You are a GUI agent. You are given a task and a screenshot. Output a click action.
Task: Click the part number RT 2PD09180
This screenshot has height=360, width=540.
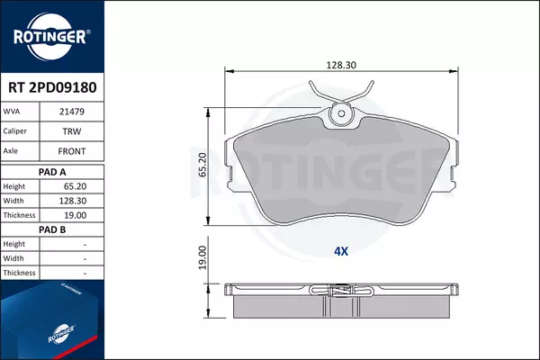pyautogui.click(x=52, y=87)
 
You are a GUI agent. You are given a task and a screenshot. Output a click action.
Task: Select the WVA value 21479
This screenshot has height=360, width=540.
pyautogui.click(x=72, y=112)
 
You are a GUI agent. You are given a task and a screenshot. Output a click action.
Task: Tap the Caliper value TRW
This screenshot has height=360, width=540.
pyautogui.click(x=72, y=131)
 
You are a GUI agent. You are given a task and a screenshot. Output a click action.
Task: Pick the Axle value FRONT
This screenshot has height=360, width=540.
pyautogui.click(x=72, y=151)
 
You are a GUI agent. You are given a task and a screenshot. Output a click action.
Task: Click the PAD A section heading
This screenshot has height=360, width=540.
pyautogui.click(x=52, y=172)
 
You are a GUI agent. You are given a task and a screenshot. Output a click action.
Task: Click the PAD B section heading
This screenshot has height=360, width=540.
pyautogui.click(x=52, y=229)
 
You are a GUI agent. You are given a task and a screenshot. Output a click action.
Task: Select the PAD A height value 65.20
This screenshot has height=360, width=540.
pyautogui.click(x=75, y=186)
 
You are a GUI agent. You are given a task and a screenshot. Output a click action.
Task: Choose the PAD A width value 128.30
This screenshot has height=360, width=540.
pyautogui.click(x=73, y=201)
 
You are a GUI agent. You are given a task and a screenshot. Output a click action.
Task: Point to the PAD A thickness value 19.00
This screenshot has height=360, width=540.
pyautogui.click(x=75, y=215)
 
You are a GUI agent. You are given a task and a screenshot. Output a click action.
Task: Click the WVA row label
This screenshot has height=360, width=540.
pyautogui.click(x=12, y=112)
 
